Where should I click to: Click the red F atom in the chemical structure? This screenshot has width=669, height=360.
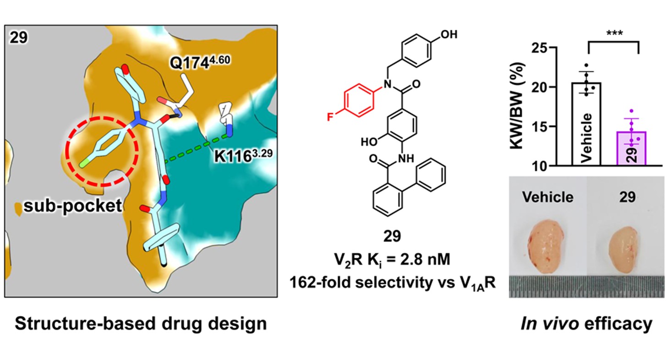pyautogui.click(x=330, y=117)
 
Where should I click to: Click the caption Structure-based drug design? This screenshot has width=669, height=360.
pyautogui.click(x=141, y=324)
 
